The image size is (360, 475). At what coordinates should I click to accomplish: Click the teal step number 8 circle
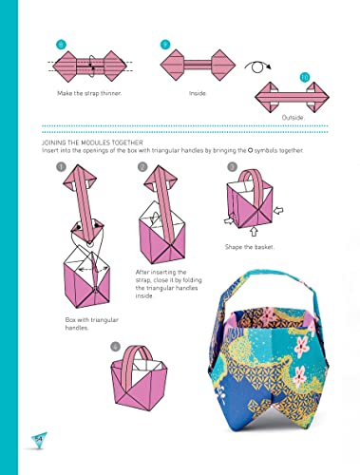tap(62, 44)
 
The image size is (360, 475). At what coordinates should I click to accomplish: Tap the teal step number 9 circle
tap(165, 44)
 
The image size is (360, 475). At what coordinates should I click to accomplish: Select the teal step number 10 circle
tap(305, 76)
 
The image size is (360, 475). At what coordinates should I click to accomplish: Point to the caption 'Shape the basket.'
tap(250, 247)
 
